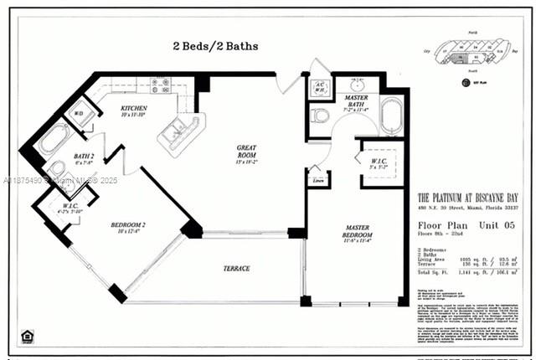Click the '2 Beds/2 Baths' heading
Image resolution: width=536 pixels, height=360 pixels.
tap(215, 45)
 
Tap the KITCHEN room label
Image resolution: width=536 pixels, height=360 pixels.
tap(134, 110)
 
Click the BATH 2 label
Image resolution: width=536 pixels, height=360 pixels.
tap(84, 157)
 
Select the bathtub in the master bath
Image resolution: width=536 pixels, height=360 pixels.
tap(392, 116)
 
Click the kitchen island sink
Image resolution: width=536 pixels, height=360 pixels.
tap(178, 130)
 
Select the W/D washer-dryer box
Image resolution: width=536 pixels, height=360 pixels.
tap(80, 114)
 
